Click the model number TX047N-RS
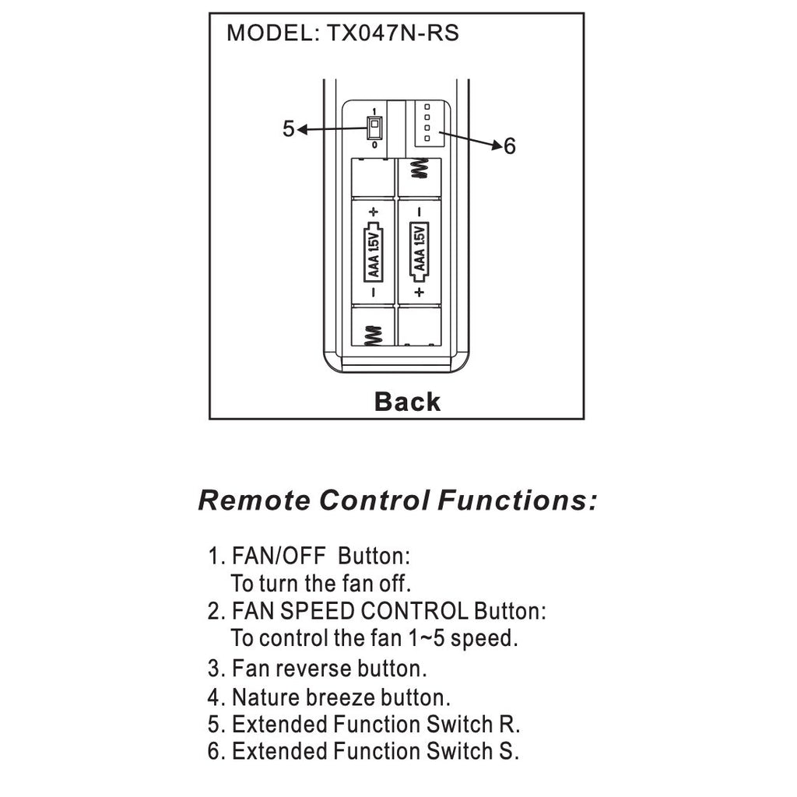[x=392, y=33]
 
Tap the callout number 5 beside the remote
[x=288, y=128]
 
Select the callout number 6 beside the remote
[x=510, y=146]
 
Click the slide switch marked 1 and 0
[x=374, y=128]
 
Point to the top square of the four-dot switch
[x=427, y=107]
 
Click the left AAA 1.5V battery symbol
[x=373, y=251]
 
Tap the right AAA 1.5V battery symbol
[x=420, y=251]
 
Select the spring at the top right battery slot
[x=420, y=169]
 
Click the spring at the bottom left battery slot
[x=373, y=335]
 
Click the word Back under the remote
[x=407, y=402]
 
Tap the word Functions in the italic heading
[x=518, y=500]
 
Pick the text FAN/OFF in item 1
[x=278, y=556]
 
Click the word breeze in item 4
[x=340, y=697]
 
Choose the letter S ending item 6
[x=507, y=751]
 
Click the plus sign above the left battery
[x=374, y=211]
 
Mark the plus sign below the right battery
[x=420, y=292]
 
